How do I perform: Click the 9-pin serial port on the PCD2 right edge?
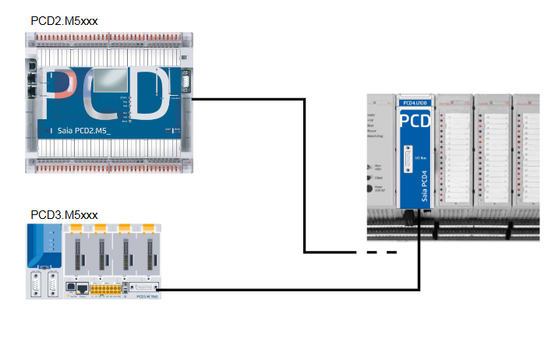(186, 83)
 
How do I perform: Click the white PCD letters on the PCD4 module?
(415, 122)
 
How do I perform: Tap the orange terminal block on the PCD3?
(104, 290)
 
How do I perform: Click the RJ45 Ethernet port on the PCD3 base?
(76, 288)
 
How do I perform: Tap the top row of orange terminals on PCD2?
(109, 36)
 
